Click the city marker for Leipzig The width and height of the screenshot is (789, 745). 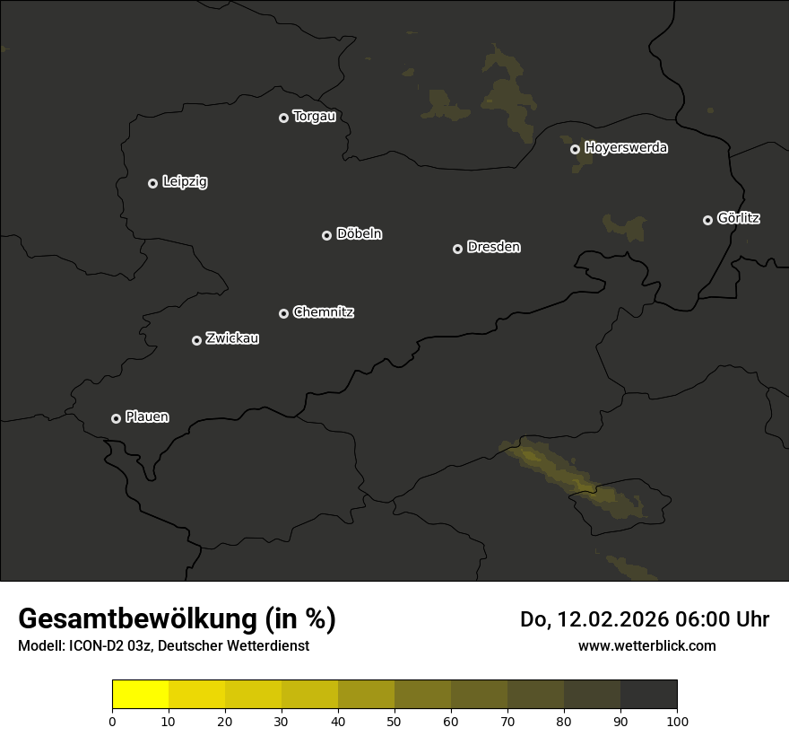click(152, 183)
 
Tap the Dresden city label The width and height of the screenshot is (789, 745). click(493, 247)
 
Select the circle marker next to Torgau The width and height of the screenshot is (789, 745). click(283, 118)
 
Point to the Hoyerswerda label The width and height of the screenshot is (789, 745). click(626, 147)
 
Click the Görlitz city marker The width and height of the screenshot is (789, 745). click(707, 220)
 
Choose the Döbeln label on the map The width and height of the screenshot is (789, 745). click(359, 233)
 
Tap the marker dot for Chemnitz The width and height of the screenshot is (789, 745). click(283, 313)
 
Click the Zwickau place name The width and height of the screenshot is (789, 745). click(232, 338)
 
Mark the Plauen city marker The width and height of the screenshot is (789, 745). click(116, 418)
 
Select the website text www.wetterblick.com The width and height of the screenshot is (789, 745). click(646, 645)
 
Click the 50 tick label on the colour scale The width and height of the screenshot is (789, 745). click(394, 721)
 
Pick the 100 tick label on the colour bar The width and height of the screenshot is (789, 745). click(677, 721)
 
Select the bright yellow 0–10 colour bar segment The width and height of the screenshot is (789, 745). click(141, 695)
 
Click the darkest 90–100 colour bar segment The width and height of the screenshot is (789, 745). click(648, 695)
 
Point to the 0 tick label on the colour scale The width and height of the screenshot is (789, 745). click(112, 721)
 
